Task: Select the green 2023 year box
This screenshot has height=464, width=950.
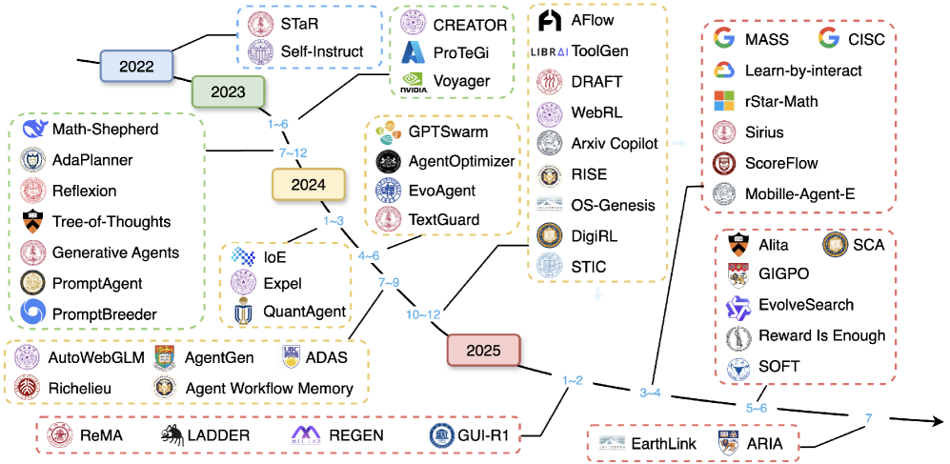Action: pos(229,92)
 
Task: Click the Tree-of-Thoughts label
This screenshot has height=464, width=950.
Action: pos(111,222)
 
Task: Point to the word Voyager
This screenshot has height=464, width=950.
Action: pos(461,82)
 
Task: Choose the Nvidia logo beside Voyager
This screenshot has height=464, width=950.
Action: pos(414,82)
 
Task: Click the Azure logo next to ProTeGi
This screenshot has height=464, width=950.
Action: pos(414,51)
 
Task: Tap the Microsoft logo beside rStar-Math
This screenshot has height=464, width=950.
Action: pos(726,101)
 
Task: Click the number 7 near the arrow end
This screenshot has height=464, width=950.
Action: pos(868,417)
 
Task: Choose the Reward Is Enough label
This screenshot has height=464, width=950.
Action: pos(821,335)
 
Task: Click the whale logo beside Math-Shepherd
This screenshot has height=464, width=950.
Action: pos(33,129)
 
